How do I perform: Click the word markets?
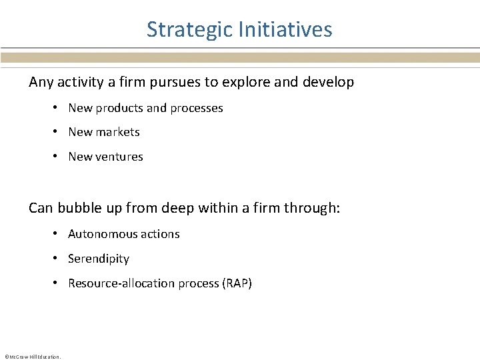pos(117,132)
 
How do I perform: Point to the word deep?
pos(177,209)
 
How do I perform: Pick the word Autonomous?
pos(101,234)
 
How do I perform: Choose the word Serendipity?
pos(99,259)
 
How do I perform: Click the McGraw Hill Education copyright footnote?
pos(32,357)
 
